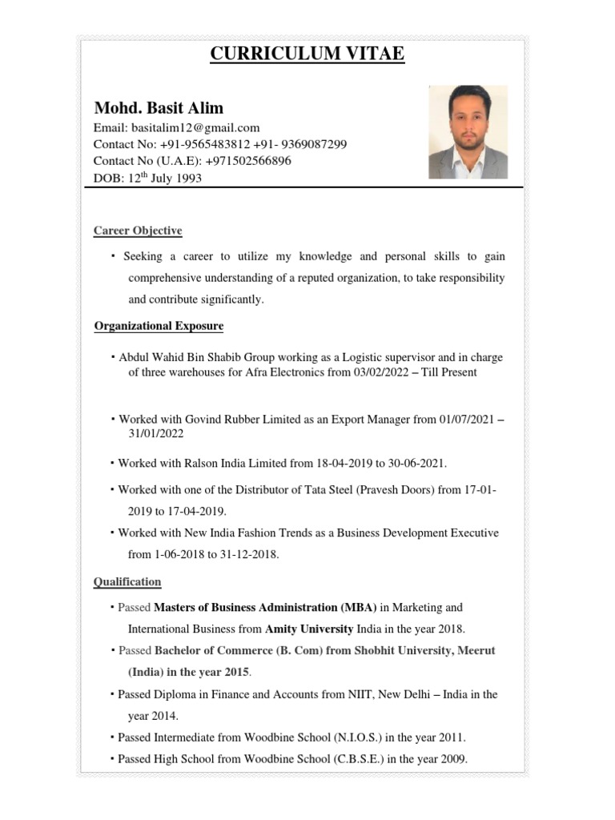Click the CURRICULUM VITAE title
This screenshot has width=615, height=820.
pos(307,54)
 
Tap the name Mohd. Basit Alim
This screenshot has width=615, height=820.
pos(159,107)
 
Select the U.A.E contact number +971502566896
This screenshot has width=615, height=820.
pos(248,161)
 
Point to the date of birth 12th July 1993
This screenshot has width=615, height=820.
pos(165,178)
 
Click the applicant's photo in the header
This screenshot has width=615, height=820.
pos(468,132)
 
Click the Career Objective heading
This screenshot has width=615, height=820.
pos(138,231)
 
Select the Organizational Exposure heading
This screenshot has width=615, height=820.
pos(159,326)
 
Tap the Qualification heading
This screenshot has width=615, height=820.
pos(127,581)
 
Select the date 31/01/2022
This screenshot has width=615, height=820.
pos(155,434)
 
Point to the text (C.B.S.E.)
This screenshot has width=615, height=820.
pos(358,758)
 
